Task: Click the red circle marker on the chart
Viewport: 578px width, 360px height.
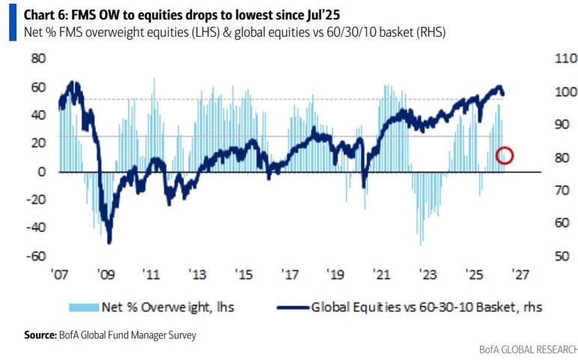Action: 505,156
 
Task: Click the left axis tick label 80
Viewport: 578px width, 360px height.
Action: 37,58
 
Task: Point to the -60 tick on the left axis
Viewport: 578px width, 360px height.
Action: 34,256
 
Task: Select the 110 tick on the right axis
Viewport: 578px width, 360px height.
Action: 544,58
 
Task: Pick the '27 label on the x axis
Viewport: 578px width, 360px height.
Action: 520,274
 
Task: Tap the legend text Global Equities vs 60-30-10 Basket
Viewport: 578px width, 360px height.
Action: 426,307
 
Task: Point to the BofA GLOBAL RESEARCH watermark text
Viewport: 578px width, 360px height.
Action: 529,350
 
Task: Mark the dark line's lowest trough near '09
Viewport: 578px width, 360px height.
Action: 109,241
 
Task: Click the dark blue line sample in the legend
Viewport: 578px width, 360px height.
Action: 292,307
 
